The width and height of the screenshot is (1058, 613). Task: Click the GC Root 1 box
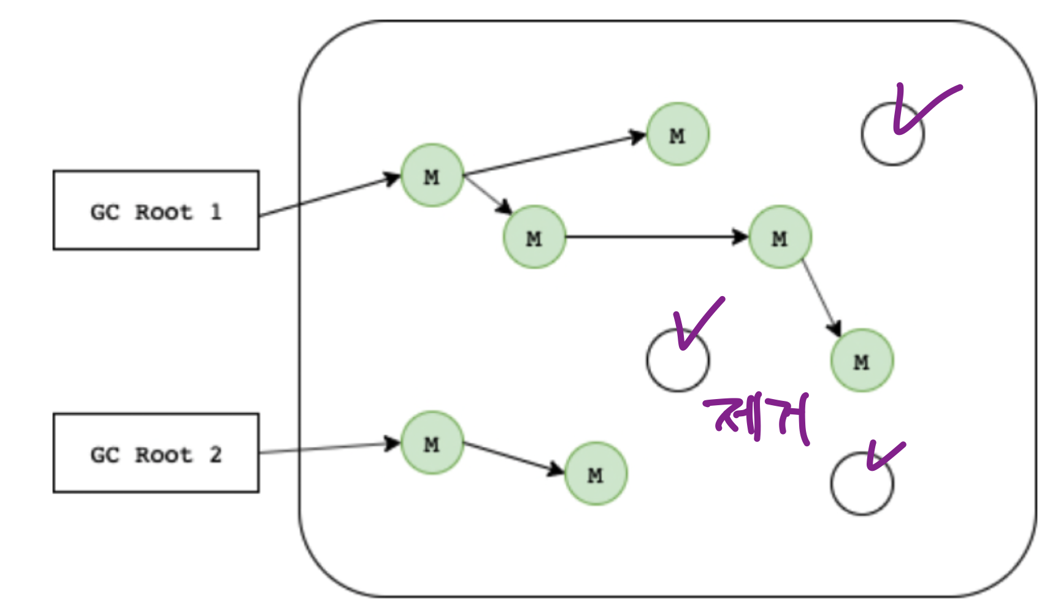(x=156, y=210)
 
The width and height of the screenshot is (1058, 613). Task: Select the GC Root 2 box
(x=156, y=453)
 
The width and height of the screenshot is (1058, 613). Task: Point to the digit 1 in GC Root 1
(x=215, y=211)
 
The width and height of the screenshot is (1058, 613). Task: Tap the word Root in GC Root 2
(x=164, y=455)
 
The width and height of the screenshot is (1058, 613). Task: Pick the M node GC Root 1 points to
(x=432, y=176)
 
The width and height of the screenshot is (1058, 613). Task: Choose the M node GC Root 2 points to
(x=432, y=443)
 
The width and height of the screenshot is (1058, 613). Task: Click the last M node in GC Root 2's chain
(x=596, y=474)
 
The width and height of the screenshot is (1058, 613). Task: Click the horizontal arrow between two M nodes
(x=656, y=237)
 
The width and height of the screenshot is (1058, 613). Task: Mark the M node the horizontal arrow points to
(x=780, y=237)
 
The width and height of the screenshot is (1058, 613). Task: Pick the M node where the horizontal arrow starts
(x=534, y=237)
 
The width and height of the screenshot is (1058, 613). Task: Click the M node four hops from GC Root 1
(x=862, y=361)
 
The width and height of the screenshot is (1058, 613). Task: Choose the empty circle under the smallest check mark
(x=862, y=484)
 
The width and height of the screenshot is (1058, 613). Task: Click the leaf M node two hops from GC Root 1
(x=678, y=134)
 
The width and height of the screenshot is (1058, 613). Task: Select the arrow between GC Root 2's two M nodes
(x=513, y=458)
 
